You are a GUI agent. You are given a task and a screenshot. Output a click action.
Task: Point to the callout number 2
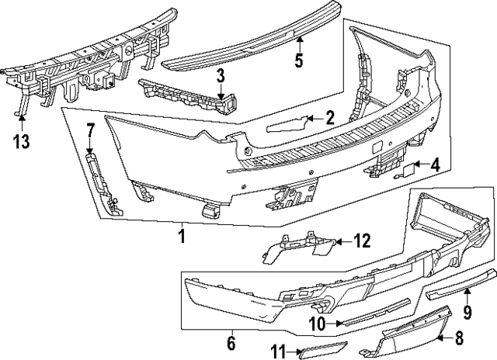[329, 118]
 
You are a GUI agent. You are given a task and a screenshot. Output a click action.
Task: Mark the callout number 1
[182, 234]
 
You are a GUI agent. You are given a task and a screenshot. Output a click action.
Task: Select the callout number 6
[231, 341]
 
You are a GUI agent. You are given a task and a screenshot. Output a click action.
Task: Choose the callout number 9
[467, 313]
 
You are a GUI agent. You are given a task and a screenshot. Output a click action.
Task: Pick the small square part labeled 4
[408, 166]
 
